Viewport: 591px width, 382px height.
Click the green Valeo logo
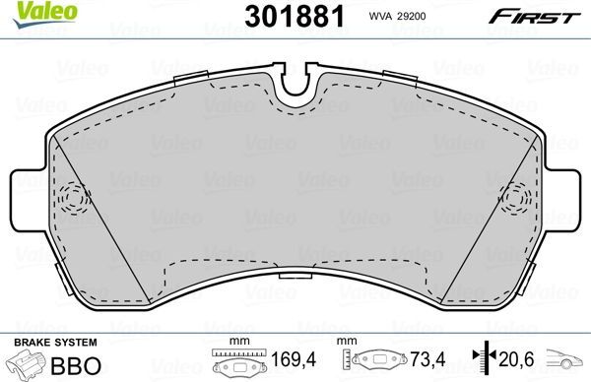click(31, 13)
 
